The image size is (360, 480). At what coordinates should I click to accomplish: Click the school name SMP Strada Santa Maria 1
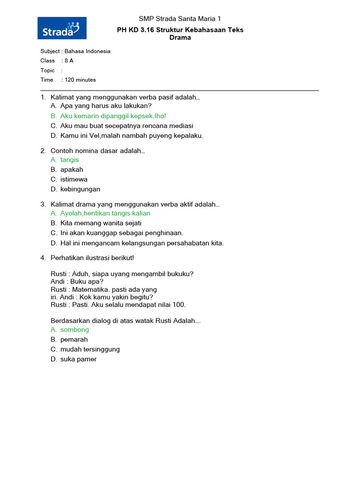tap(180, 19)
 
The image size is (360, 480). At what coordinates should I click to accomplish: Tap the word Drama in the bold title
tap(180, 37)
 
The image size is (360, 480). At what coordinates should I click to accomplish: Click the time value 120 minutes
tap(80, 80)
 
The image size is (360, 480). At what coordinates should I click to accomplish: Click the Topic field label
tap(47, 70)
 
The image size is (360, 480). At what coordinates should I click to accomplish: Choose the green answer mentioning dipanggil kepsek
tap(113, 116)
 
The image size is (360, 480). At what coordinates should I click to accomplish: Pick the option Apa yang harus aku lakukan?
tap(106, 106)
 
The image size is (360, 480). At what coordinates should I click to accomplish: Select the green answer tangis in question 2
tap(69, 160)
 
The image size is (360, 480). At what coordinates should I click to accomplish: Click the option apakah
tap(72, 170)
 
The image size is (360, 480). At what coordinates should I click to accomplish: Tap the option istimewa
tap(74, 180)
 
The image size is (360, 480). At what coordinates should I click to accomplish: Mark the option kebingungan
tap(80, 189)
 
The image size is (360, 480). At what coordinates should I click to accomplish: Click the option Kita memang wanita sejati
tap(101, 223)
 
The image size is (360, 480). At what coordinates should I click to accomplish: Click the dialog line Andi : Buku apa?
tap(77, 282)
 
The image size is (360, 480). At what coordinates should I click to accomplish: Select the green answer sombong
tap(75, 330)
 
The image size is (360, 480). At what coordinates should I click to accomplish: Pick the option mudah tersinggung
tap(90, 349)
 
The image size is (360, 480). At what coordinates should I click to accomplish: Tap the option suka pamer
tap(78, 359)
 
